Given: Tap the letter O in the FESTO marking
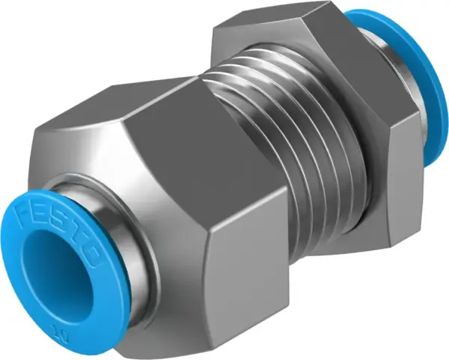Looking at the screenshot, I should tap(95, 257).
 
